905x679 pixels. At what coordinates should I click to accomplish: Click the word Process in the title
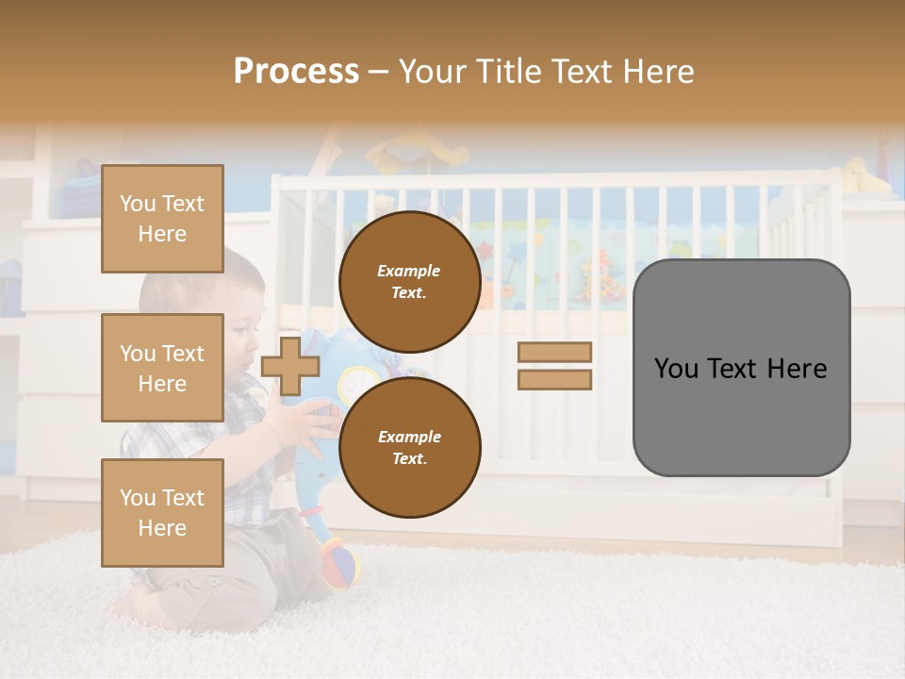point(296,72)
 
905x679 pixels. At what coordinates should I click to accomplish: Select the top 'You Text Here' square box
point(162,219)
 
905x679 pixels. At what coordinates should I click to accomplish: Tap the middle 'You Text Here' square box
point(162,368)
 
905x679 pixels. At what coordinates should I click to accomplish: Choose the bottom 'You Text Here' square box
point(162,513)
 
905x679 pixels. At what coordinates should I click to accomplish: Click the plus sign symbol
point(290,366)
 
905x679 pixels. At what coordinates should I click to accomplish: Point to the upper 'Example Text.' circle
point(409,281)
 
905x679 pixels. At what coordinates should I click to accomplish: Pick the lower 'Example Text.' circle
point(409,447)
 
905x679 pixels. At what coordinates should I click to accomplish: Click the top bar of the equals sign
point(554,352)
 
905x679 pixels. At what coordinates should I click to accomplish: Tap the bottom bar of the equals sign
point(554,380)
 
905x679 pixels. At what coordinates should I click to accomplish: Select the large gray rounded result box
point(741,368)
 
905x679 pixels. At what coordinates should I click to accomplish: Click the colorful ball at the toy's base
point(342,564)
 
